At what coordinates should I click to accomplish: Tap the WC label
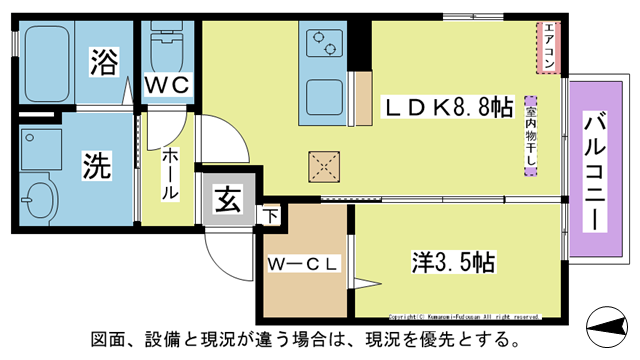[x=167, y=87]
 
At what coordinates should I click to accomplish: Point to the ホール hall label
[x=171, y=172]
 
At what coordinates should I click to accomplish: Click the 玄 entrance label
[x=227, y=200]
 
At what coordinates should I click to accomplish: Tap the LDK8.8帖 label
[x=445, y=107]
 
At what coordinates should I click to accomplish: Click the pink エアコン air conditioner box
[x=548, y=47]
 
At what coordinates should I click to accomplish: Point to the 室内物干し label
[x=530, y=135]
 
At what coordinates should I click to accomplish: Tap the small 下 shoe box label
[x=271, y=213]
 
